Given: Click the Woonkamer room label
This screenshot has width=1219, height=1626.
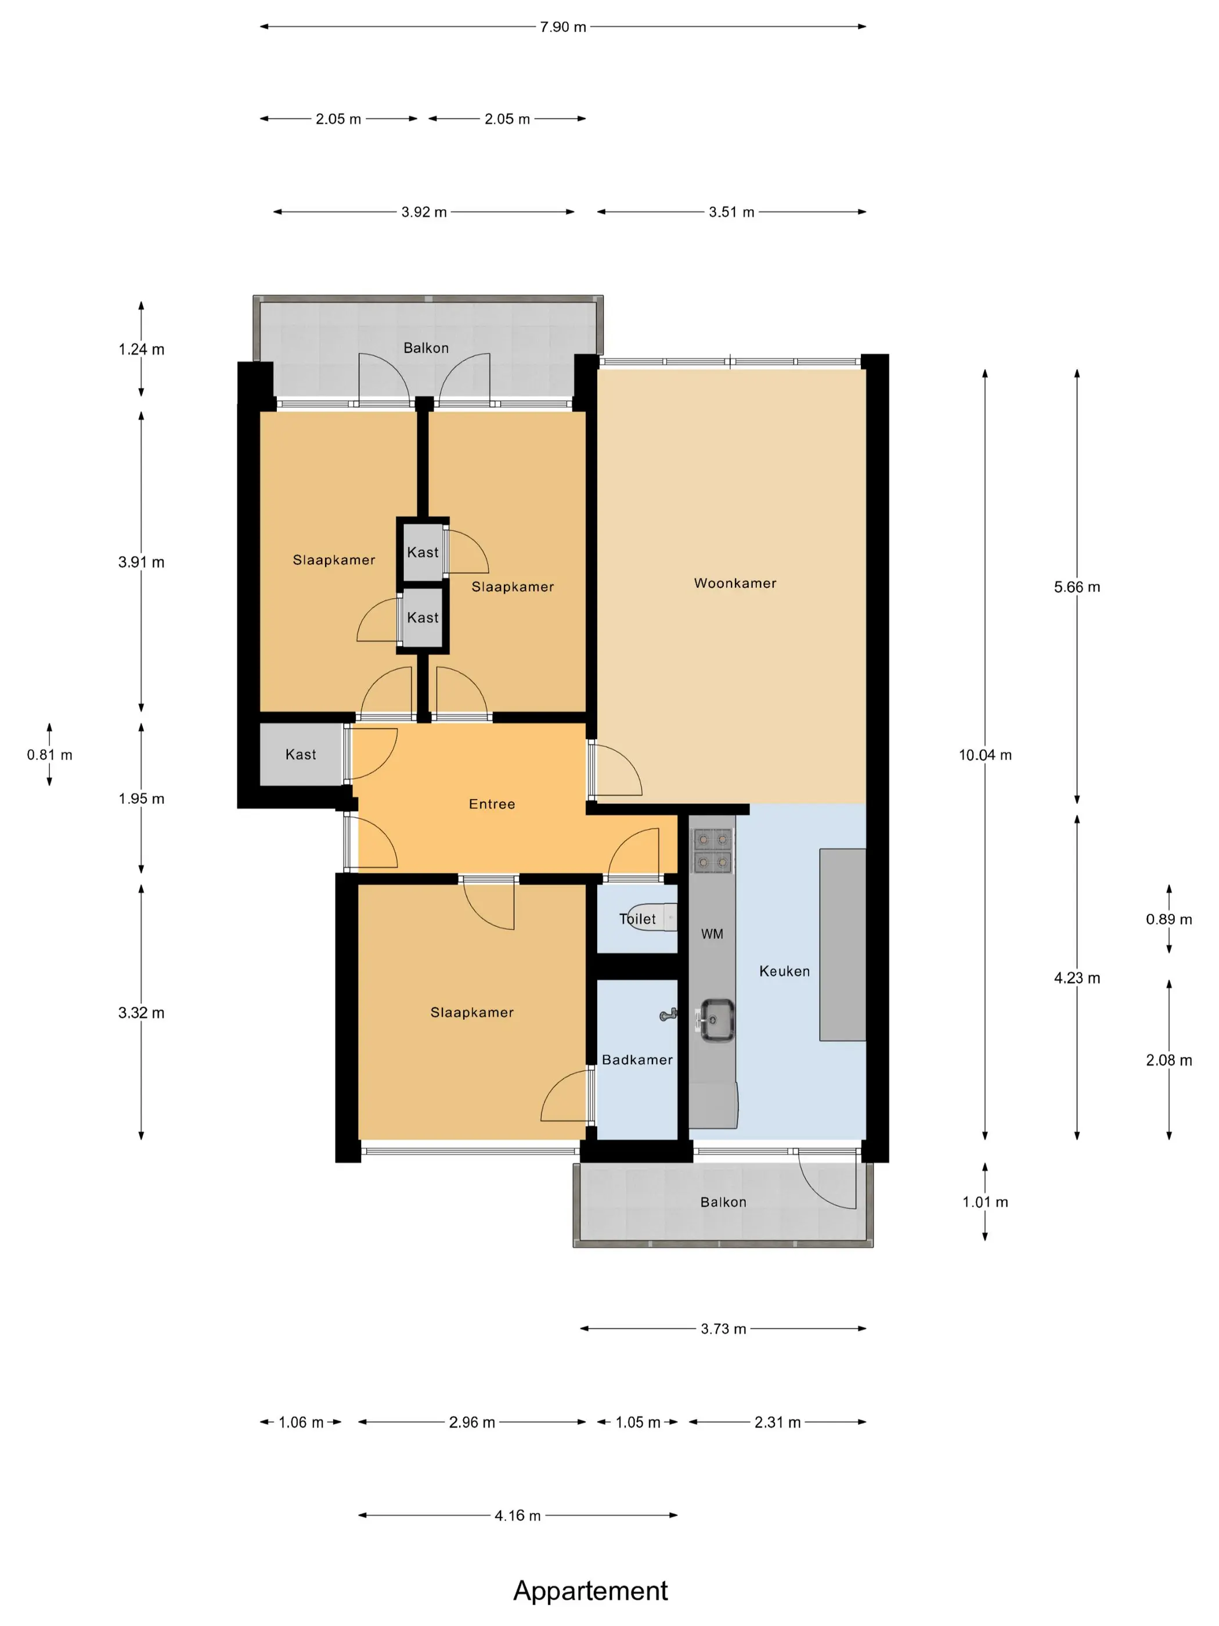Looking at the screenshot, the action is (735, 583).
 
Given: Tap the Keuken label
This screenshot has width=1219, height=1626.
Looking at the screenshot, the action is (784, 971).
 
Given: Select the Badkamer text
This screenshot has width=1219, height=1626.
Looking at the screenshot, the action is (637, 1059).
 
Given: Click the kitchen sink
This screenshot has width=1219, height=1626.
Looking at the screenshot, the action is (715, 1020).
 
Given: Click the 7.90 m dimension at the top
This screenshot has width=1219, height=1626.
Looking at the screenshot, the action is (563, 27).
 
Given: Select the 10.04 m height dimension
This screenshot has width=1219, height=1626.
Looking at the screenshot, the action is (984, 755).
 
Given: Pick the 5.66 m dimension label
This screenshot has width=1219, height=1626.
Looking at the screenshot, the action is (1076, 587).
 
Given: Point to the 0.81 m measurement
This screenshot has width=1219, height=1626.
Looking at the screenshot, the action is (49, 754).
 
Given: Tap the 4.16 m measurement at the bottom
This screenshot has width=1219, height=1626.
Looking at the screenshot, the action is (517, 1515).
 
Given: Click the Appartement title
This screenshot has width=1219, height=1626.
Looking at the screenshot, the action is (590, 1590).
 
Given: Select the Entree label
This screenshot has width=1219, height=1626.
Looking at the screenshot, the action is (492, 804).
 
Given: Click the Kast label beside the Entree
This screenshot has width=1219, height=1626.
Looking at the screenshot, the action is (301, 754).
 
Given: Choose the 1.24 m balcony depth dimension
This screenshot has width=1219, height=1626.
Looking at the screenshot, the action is (141, 349).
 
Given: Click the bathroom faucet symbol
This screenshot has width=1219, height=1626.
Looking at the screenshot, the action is (668, 1015).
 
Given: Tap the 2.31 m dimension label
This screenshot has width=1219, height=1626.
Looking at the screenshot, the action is (777, 1422).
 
